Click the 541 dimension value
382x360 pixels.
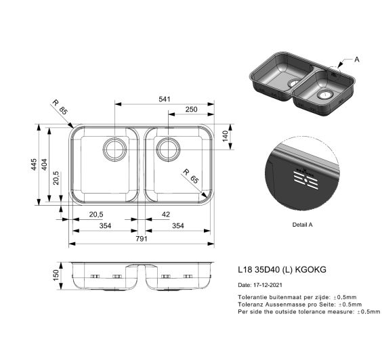tap(165, 99)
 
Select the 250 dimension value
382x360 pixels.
tap(191, 110)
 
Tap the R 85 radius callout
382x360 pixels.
tap(60, 106)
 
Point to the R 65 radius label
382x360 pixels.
tap(191, 176)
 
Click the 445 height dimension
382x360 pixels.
tap(34, 164)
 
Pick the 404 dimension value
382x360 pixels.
tap(45, 164)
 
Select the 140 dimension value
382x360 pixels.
tap(225, 136)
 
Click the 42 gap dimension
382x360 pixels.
tap(166, 215)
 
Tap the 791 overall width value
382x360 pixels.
tap(142, 239)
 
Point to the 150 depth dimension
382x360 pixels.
tap(56, 275)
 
